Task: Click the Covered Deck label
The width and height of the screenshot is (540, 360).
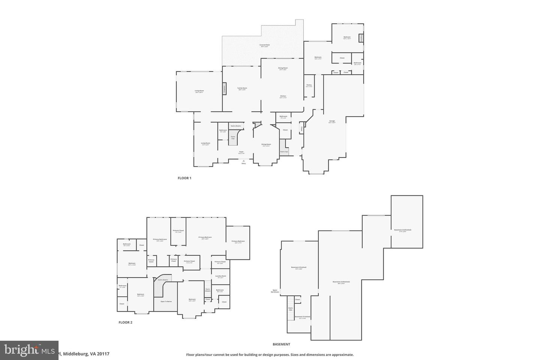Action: (265, 45)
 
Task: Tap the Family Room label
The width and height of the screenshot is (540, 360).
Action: (242, 88)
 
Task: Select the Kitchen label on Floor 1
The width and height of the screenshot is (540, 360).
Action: (283, 96)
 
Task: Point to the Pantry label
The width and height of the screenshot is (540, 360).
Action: (309, 85)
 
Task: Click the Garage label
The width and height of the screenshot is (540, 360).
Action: (332, 121)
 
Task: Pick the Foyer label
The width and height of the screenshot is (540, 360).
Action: (241, 152)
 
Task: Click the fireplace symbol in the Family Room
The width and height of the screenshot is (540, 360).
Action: (224, 88)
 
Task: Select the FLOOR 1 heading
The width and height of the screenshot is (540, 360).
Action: (184, 178)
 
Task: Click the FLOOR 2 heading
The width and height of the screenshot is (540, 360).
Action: (126, 322)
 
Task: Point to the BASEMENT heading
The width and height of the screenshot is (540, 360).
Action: (281, 344)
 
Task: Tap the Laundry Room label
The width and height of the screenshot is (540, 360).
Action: (220, 276)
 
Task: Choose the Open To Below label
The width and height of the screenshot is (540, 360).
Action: (166, 301)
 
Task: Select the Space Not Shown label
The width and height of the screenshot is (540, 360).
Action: (276, 291)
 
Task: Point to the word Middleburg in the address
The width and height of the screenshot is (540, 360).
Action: (76, 354)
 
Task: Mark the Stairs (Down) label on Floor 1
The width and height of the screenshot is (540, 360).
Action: (235, 126)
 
